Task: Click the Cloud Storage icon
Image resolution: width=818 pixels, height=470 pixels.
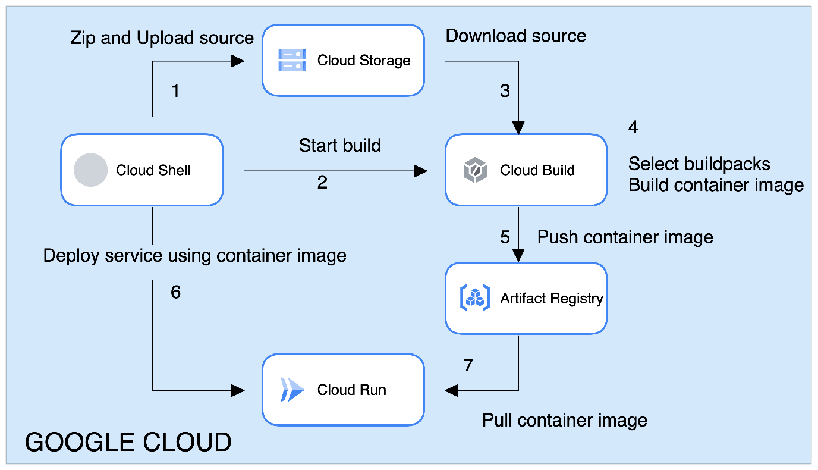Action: [292, 60]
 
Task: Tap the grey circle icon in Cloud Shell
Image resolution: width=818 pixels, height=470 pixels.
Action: [90, 170]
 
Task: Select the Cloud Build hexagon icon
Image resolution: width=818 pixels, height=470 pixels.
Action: [475, 170]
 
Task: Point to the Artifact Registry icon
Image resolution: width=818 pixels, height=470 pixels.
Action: [474, 298]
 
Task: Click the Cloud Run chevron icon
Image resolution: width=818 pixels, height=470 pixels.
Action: [292, 390]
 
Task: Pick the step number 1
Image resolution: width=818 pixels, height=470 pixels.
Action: [175, 91]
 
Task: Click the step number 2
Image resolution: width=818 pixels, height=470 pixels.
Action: [322, 183]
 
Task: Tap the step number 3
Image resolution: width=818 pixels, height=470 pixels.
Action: [505, 91]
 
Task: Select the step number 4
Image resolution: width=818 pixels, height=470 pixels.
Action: [634, 127]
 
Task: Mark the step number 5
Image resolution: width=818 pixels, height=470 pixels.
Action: [505, 237]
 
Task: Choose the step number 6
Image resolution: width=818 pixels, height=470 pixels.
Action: [175, 293]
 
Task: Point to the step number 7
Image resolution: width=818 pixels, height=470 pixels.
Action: [468, 365]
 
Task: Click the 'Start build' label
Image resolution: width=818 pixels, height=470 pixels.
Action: [340, 145]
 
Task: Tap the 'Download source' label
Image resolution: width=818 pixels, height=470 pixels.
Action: [516, 36]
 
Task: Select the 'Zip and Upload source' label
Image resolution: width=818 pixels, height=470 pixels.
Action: [162, 38]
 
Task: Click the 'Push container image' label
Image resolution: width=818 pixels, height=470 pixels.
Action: [625, 237]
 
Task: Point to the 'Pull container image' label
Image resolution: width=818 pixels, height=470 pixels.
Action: [564, 421]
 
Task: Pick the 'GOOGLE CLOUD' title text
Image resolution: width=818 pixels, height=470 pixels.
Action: [128, 443]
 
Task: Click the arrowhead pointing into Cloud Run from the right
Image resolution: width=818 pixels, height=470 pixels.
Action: [452, 390]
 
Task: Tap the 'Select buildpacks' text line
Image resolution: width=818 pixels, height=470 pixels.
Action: [699, 164]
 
